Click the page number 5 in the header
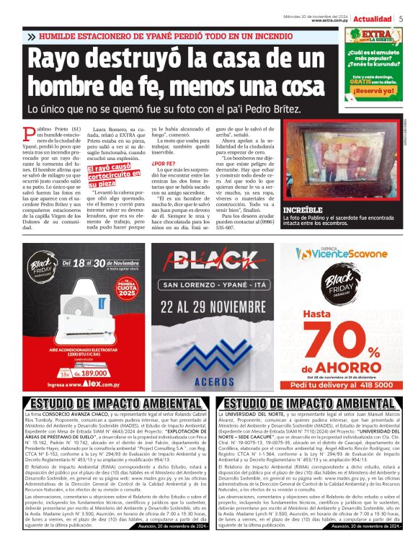[401, 18]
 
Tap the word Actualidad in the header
[373, 18]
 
